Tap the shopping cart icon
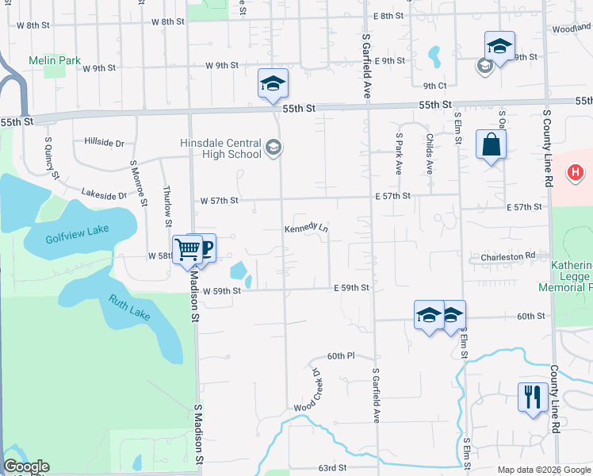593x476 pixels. click(188, 249)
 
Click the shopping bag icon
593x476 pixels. click(491, 145)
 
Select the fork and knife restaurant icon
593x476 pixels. click(529, 396)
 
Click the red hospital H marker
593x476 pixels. click(576, 171)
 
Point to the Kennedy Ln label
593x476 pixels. click(307, 228)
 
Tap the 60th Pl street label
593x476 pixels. click(339, 356)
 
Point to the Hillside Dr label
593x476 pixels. click(104, 144)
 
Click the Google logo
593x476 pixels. click(25, 466)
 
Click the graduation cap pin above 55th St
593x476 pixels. click(272, 83)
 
